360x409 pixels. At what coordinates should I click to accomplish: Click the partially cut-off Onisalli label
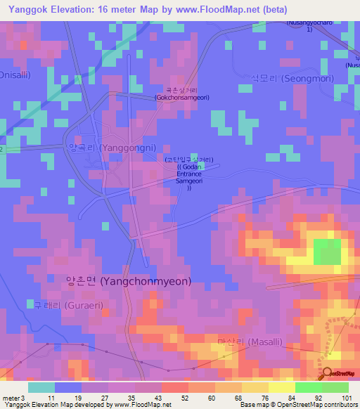tap(13, 74)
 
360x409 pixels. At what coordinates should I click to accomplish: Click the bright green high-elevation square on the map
tap(326, 252)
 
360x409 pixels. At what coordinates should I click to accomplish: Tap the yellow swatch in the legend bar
tap(281, 387)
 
